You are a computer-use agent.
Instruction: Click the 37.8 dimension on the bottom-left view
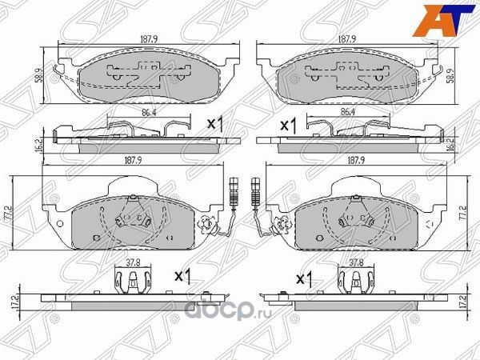pos(132,262)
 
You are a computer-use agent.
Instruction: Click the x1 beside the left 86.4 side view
pos(214,124)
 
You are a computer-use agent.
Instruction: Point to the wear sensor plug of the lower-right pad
pos(254,183)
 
